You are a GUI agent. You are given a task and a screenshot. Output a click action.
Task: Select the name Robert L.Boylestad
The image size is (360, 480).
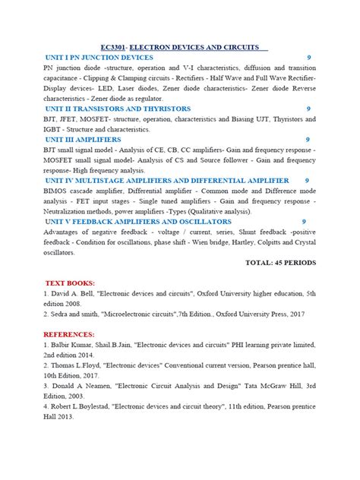click(x=85, y=406)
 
